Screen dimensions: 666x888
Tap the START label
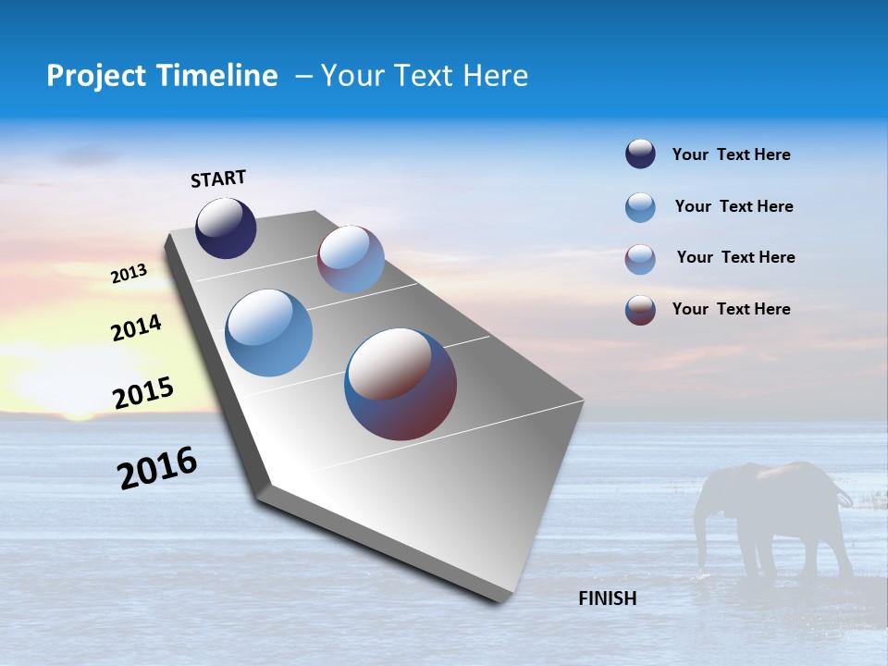pos(218,179)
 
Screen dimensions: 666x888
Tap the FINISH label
pos(607,598)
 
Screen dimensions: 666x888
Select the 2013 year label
pos(129,274)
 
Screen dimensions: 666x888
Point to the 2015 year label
pos(143,393)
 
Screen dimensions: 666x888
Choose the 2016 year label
pos(157,468)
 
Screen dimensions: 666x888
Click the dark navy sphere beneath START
pos(226,228)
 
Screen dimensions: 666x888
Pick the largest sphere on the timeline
pos(401,384)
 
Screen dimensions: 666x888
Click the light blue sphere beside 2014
pos(269,333)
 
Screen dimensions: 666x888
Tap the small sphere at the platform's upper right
pos(351,259)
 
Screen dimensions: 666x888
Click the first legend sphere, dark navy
pos(640,154)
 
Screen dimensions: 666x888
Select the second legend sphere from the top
pos(640,207)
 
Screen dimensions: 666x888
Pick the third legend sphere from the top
pos(640,259)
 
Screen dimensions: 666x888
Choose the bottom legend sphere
pos(640,310)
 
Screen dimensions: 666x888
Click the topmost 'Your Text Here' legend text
pos(731,154)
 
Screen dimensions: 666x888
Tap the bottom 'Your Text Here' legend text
pos(731,309)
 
